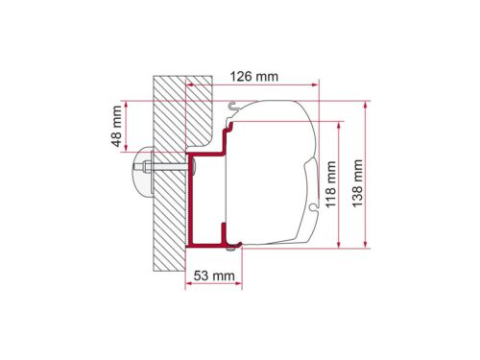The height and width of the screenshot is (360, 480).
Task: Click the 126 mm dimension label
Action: point(254,77)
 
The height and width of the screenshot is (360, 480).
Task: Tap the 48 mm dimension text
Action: point(117,126)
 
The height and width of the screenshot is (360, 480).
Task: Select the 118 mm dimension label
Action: point(331,184)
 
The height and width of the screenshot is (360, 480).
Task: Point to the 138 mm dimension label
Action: point(357,183)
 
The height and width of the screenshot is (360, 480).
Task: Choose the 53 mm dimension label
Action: point(214,276)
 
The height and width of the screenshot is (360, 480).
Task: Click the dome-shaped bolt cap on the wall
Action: point(143,171)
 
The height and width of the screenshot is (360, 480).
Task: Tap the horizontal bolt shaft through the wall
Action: point(166,167)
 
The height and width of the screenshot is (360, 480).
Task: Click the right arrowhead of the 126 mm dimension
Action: point(315,84)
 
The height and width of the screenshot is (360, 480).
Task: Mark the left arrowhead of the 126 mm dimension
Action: point(190,84)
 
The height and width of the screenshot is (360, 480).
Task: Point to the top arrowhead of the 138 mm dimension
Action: point(366,106)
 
